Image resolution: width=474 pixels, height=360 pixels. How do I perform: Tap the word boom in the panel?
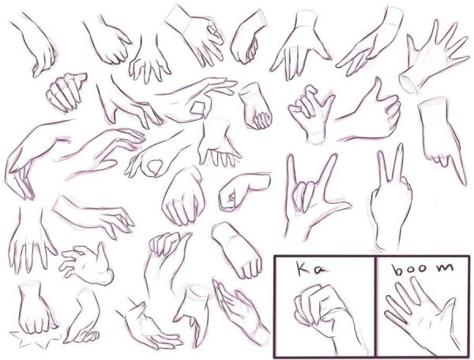(423, 268)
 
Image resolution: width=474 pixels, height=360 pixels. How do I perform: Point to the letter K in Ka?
(303, 268)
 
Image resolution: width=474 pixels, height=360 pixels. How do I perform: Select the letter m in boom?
(446, 268)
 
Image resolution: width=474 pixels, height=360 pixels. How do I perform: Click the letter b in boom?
(397, 270)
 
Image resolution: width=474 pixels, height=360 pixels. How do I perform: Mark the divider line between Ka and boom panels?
(375, 306)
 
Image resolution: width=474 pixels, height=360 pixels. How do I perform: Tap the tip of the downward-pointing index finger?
(465, 183)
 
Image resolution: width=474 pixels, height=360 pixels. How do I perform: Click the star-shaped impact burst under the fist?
(35, 338)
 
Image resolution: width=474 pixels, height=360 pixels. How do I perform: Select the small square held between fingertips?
(198, 108)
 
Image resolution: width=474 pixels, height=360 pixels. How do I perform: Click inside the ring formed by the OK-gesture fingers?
(155, 166)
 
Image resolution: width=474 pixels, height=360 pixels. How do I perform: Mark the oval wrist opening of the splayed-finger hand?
(408, 84)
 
